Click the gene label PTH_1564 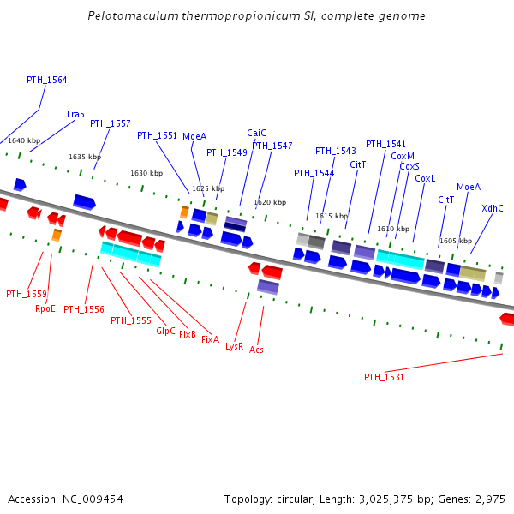pyautogui.click(x=46, y=81)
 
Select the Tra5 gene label pyautogui.click(x=75, y=114)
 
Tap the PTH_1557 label pyautogui.click(x=111, y=124)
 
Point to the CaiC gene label pyautogui.click(x=256, y=133)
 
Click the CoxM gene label pyautogui.click(x=403, y=156)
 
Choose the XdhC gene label pyautogui.click(x=493, y=208)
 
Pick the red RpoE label pyautogui.click(x=45, y=308)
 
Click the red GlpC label pyautogui.click(x=165, y=331)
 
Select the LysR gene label pyautogui.click(x=235, y=346)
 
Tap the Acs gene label pyautogui.click(x=257, y=350)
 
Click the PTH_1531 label pyautogui.click(x=384, y=377)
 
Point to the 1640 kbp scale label pyautogui.click(x=24, y=140)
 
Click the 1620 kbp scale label pyautogui.click(x=270, y=202)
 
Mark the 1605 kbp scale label pyautogui.click(x=456, y=241)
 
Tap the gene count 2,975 pyautogui.click(x=489, y=499)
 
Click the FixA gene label pyautogui.click(x=210, y=339)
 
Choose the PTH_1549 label pyautogui.click(x=227, y=152)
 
